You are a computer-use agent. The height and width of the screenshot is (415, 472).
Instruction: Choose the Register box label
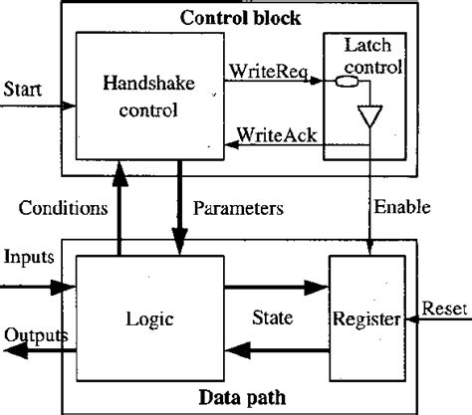coord(367,319)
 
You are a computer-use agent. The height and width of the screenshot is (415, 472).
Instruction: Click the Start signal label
coord(22,89)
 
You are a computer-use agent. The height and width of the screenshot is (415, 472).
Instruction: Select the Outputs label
coord(34,334)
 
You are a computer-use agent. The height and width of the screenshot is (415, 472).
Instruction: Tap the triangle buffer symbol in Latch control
coord(370,117)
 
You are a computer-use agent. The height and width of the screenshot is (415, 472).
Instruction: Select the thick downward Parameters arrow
coord(181,210)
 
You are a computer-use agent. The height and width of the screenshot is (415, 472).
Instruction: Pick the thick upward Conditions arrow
coord(118,210)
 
